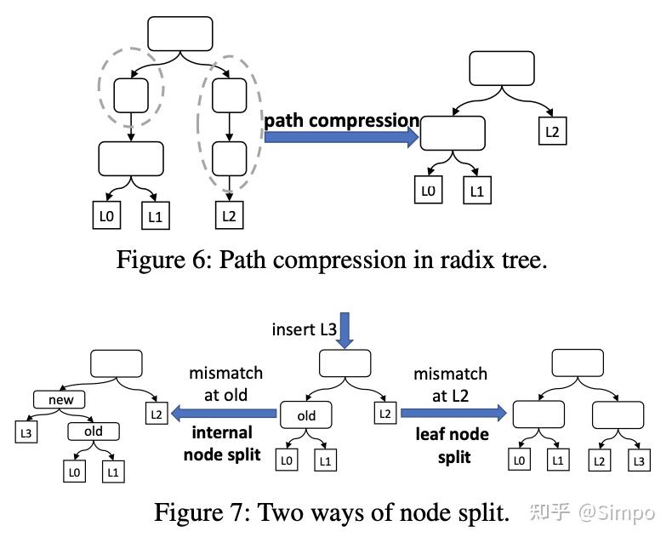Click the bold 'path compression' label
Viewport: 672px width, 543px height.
click(341, 120)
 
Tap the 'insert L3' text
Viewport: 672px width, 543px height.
click(303, 329)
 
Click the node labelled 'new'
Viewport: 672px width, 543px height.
click(61, 399)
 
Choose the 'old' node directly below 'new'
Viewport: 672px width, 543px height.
click(94, 432)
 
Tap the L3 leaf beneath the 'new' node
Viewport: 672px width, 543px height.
click(26, 432)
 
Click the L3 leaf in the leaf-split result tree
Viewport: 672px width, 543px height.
click(638, 460)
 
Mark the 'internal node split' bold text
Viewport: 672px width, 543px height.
click(224, 443)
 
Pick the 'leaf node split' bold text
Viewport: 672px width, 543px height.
click(452, 444)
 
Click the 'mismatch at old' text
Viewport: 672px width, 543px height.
click(225, 384)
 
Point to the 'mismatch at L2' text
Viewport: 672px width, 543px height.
click(450, 384)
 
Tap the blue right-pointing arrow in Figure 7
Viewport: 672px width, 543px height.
click(453, 413)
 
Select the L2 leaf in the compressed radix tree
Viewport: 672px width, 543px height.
click(552, 133)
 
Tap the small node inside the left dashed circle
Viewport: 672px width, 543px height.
click(131, 95)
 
